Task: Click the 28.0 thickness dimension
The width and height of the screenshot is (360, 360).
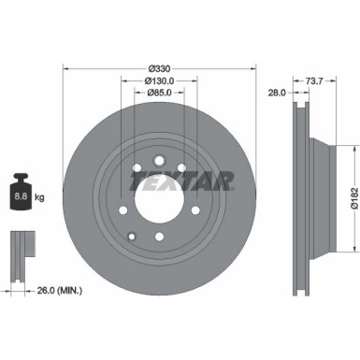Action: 275,94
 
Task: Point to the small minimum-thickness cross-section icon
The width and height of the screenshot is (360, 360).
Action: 21,247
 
